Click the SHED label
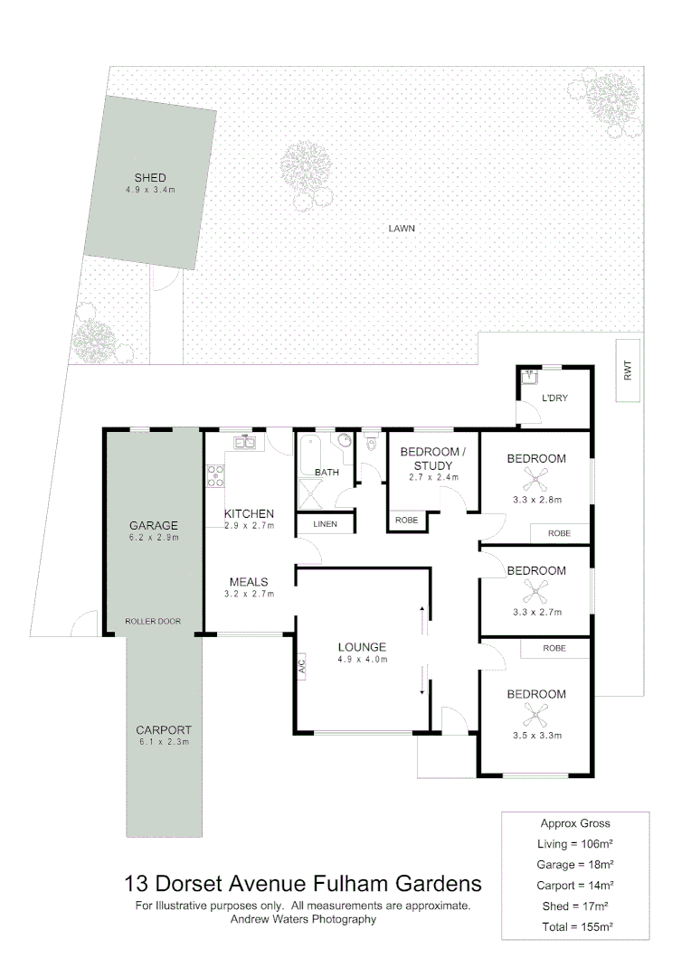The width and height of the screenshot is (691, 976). tap(150, 177)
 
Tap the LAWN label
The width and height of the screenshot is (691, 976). tap(402, 229)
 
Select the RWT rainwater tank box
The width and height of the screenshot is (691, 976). tap(627, 370)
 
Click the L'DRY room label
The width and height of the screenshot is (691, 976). tap(554, 399)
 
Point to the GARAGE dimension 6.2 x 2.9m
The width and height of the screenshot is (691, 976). tap(153, 538)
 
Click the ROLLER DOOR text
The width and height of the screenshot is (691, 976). tap(153, 622)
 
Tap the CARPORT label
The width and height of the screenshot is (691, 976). tap(164, 730)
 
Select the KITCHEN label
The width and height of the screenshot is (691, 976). tap(249, 513)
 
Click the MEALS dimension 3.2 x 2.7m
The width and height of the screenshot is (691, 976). tap(249, 594)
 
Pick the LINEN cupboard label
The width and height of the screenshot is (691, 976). tap(325, 524)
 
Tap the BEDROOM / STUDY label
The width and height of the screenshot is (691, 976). tap(432, 457)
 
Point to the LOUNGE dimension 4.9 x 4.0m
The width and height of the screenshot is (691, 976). tap(362, 660)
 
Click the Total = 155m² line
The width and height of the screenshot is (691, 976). tap(575, 926)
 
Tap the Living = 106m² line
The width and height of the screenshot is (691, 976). tap(575, 843)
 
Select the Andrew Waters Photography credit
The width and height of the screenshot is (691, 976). tap(304, 919)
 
